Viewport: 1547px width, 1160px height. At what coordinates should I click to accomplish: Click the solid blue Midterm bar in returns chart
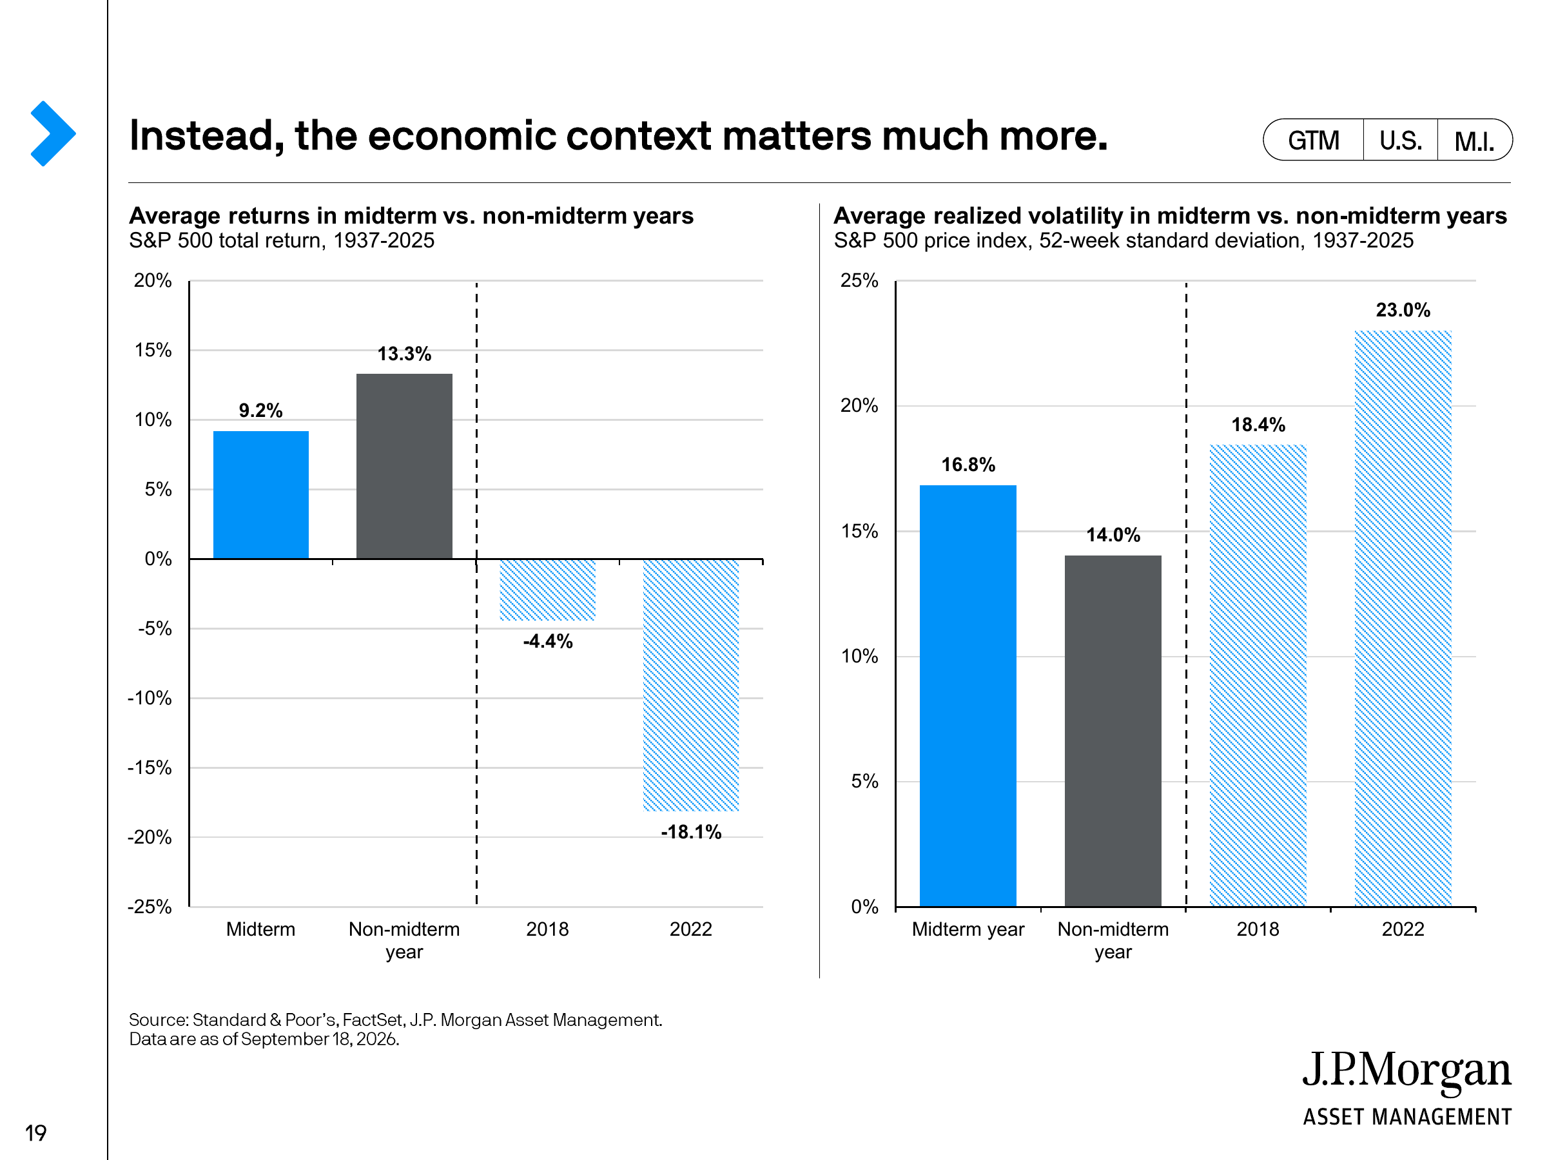[x=261, y=494]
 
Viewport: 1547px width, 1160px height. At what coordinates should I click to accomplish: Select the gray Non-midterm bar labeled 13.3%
[x=404, y=466]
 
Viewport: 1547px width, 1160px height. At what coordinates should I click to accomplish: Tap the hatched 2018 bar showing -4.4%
[x=548, y=590]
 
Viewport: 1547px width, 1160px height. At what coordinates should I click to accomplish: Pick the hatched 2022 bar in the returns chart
[x=691, y=685]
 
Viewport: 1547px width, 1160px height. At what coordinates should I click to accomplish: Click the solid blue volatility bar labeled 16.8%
[x=968, y=696]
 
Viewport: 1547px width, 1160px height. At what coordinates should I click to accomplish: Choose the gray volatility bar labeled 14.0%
[x=1113, y=731]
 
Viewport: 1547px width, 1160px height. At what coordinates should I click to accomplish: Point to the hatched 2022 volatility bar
[x=1403, y=619]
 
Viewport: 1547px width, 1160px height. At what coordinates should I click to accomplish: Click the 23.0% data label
[x=1403, y=310]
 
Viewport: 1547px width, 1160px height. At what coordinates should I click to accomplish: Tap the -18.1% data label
[x=691, y=832]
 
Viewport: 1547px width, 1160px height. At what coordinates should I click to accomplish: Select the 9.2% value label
[x=261, y=411]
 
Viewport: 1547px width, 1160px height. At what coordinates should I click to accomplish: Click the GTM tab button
[x=1314, y=140]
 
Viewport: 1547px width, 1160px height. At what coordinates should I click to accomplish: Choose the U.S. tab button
[x=1400, y=140]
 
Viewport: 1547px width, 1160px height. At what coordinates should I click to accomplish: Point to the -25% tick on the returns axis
[x=150, y=907]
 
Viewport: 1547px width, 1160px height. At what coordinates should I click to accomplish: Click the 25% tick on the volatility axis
[x=859, y=280]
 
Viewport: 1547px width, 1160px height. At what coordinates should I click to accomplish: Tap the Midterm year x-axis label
[x=968, y=929]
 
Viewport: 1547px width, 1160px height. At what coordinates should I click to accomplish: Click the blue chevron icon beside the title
[x=53, y=133]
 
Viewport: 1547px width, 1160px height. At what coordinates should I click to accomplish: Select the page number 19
[x=35, y=1133]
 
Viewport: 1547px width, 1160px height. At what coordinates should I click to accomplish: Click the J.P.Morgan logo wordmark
[x=1406, y=1071]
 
